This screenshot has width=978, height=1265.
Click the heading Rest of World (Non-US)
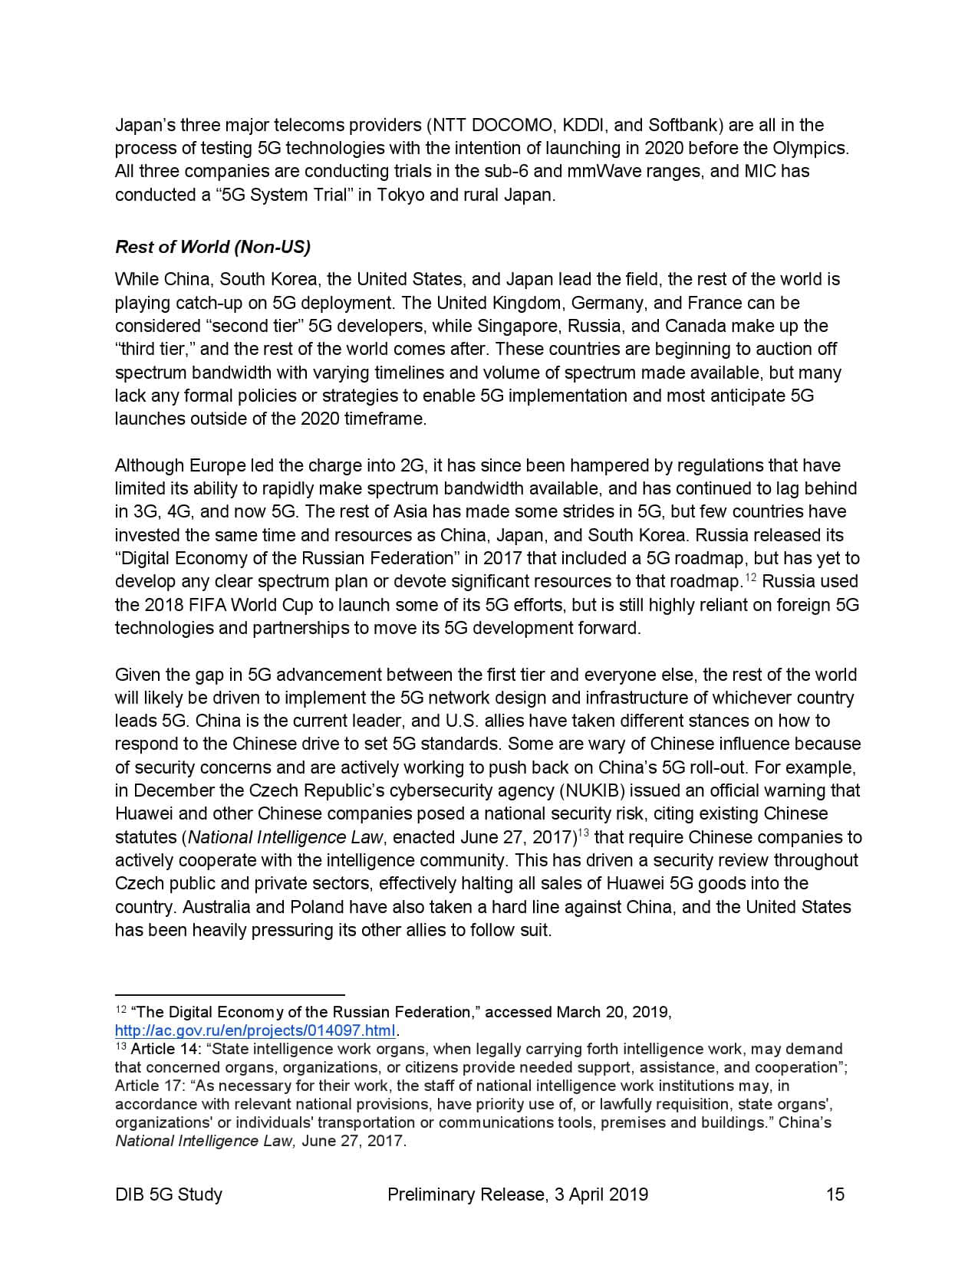click(212, 247)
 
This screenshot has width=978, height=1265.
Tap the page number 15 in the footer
click(835, 1194)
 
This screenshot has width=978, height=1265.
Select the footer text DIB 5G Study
click(169, 1194)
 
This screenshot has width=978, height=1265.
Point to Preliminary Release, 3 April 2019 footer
click(518, 1194)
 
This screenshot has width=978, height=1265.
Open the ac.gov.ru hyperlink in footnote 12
click(255, 1030)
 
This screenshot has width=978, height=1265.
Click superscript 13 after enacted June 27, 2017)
click(583, 833)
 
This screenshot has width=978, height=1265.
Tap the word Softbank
click(683, 125)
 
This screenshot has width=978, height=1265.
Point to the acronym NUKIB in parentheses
click(591, 790)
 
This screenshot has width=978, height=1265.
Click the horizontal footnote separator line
click(229, 994)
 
